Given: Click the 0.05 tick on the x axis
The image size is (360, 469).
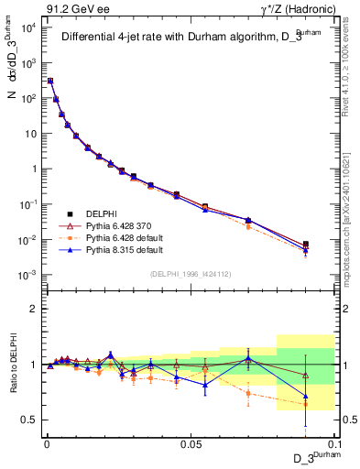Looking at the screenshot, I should click(x=190, y=442).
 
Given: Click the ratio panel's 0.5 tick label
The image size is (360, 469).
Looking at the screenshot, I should click(x=30, y=420).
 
